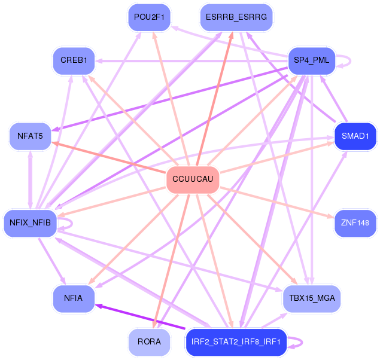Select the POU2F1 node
coord(150,17)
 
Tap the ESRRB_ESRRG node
coord(236,17)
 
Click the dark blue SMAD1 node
coord(355,136)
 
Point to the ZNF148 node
coord(355,223)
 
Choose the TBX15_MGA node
coord(311,297)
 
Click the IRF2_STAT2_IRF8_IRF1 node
coord(236,342)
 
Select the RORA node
coord(149,342)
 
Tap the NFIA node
coord(73,297)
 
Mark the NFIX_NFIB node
coord(30,223)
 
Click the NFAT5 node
coord(30,136)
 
